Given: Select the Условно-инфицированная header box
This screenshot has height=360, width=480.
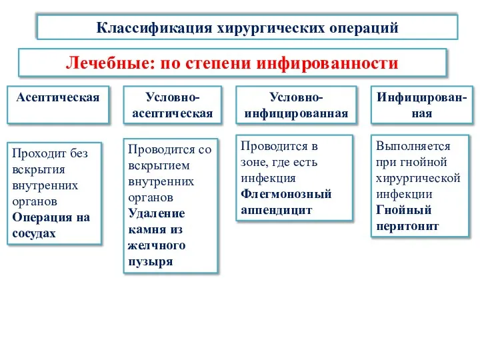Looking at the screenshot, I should click(296, 105).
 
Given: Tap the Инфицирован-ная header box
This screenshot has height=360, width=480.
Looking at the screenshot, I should click(421, 105).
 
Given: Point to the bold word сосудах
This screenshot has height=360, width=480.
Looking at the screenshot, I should click(33, 233).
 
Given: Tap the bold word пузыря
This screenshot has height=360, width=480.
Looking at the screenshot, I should click(150, 261).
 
